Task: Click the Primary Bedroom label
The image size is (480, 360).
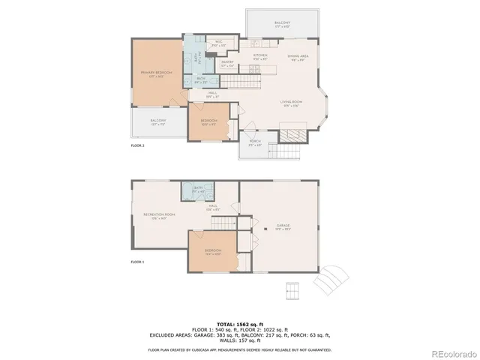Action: coord(156,73)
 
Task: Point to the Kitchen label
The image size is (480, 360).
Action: coord(260,56)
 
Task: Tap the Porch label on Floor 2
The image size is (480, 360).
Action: coord(255,143)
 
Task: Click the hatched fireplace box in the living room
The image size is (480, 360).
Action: coord(292,135)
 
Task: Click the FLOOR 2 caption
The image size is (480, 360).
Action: coord(137,145)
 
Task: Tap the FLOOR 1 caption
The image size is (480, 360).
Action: coord(137,262)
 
